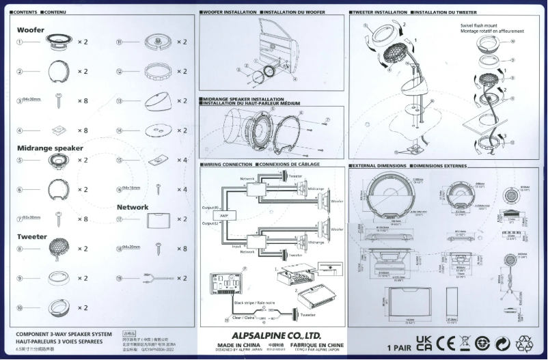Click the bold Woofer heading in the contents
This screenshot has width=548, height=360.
(x=31, y=30)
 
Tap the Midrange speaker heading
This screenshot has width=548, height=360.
(x=50, y=148)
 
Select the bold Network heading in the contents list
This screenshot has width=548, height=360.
(x=133, y=206)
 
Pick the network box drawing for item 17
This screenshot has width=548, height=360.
(x=158, y=219)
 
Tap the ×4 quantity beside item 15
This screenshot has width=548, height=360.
(x=182, y=160)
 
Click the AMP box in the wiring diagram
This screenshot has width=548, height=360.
(x=223, y=214)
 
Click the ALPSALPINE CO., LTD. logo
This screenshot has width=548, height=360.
(x=276, y=335)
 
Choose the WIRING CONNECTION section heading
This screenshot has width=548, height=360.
(x=229, y=165)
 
